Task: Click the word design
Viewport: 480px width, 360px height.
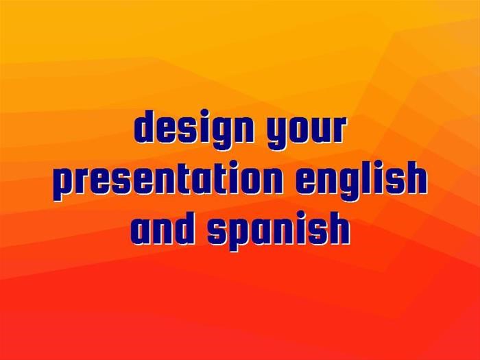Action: click(x=194, y=129)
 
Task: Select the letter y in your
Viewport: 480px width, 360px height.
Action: click(x=276, y=134)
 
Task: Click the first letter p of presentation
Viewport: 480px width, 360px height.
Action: click(x=64, y=184)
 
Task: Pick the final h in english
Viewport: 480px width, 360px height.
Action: click(x=416, y=178)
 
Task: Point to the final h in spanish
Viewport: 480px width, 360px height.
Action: click(x=339, y=228)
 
